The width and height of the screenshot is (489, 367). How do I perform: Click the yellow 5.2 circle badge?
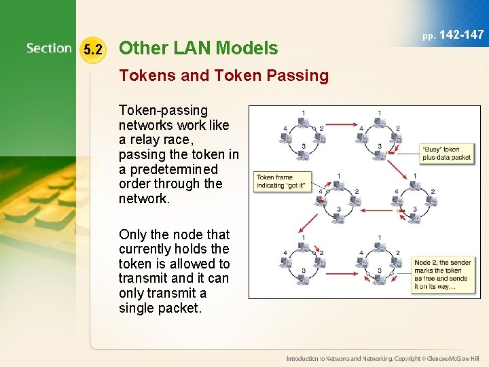93,49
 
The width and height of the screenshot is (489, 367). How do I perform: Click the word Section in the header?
49,48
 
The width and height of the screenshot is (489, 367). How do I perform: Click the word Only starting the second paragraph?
133,234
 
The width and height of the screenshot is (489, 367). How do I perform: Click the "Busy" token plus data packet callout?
446,153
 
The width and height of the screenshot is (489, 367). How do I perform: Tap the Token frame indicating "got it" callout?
280,181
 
